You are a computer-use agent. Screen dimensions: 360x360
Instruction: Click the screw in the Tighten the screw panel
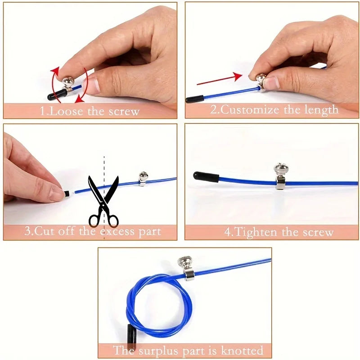(x=281, y=170)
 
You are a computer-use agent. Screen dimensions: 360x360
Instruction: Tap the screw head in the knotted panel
(x=185, y=261)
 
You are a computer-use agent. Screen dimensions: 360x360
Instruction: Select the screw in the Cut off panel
(x=143, y=175)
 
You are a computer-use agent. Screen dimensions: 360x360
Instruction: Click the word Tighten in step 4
(x=256, y=232)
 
